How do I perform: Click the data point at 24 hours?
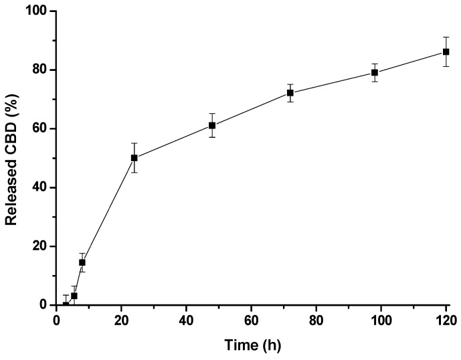[x=134, y=158]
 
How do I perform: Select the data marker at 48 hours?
[x=212, y=125]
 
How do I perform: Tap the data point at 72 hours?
[x=290, y=93]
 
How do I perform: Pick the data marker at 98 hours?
[x=375, y=72]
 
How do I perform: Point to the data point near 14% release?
[x=82, y=262]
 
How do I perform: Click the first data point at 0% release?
[x=66, y=304]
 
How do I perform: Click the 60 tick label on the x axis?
[x=252, y=319]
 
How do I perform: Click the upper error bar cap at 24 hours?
[x=134, y=143]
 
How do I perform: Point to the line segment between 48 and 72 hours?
[x=252, y=109]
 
